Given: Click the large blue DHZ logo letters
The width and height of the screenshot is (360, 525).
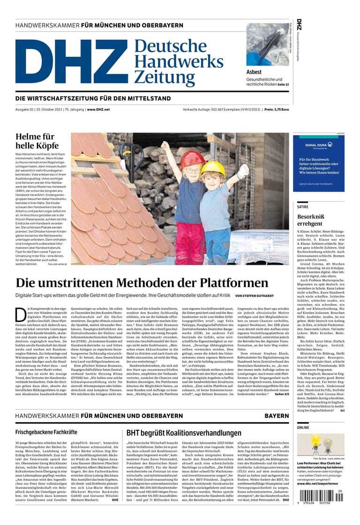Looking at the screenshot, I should tap(70, 62).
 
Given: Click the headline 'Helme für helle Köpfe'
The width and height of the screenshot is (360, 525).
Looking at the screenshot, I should tap(35, 141).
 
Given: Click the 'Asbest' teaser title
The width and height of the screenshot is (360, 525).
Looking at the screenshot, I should tap(254, 72).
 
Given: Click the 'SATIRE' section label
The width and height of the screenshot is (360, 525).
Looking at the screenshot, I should tap(302, 206).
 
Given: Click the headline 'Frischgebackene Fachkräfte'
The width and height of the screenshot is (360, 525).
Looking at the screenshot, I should tap(46, 432).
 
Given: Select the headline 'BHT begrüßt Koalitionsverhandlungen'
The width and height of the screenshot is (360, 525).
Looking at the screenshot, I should tap(184, 433).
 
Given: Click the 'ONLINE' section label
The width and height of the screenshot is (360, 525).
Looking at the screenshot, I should tap(303, 428).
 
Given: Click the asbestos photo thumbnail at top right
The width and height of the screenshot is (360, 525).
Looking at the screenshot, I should tap(268, 45).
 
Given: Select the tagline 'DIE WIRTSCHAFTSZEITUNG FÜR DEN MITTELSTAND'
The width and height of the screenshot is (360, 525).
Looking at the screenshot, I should tap(93, 99).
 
